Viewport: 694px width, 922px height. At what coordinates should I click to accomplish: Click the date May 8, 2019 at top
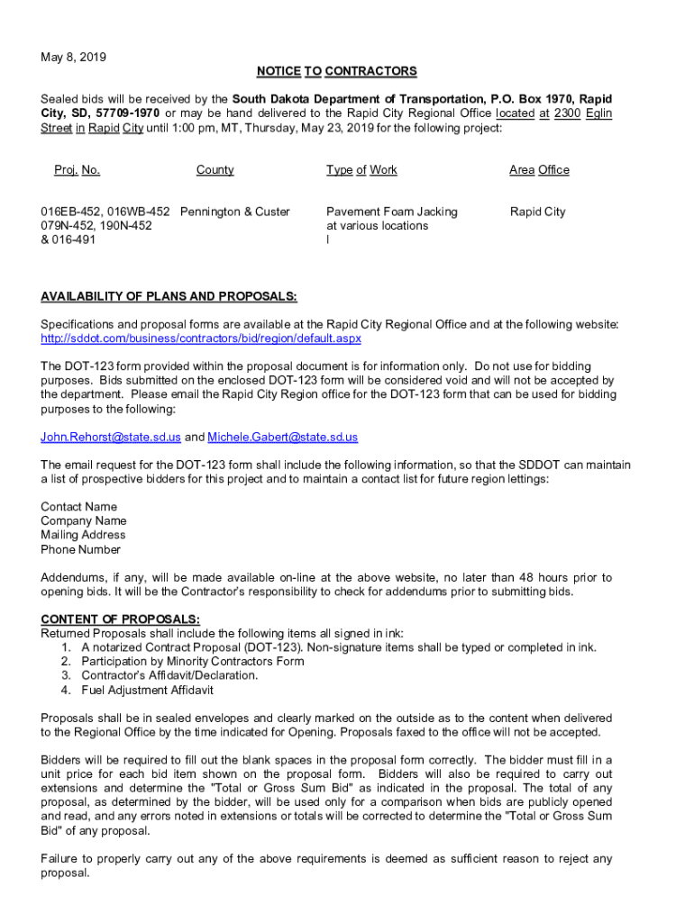(73, 57)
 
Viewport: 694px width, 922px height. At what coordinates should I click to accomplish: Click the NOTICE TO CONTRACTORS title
(336, 71)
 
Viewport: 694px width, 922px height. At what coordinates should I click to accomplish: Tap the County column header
(215, 170)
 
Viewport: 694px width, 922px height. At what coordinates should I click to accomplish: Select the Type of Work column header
(361, 170)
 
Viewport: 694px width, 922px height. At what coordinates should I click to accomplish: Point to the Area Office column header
(539, 170)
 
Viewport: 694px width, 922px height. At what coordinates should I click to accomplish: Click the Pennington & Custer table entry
(235, 212)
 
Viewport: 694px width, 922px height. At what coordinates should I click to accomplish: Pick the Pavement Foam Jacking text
(391, 212)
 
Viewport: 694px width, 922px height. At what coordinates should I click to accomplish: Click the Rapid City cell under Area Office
(537, 212)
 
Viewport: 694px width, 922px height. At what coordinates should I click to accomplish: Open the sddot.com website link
(201, 339)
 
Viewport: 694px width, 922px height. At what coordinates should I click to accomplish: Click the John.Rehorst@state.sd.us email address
(111, 437)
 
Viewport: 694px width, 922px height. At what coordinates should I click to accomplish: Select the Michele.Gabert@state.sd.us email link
(282, 437)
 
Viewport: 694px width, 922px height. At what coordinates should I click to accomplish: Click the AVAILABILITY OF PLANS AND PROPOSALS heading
(169, 296)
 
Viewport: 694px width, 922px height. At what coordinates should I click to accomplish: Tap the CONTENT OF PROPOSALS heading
(120, 619)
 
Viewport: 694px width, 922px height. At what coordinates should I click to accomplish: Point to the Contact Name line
(78, 507)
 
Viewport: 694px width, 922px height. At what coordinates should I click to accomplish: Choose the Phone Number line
(80, 550)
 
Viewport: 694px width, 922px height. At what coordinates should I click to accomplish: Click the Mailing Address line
(83, 536)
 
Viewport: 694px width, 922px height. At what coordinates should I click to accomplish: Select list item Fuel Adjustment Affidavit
(147, 691)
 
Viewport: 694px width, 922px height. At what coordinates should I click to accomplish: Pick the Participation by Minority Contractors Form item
(192, 661)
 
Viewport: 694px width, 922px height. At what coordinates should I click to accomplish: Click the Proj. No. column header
(77, 170)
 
